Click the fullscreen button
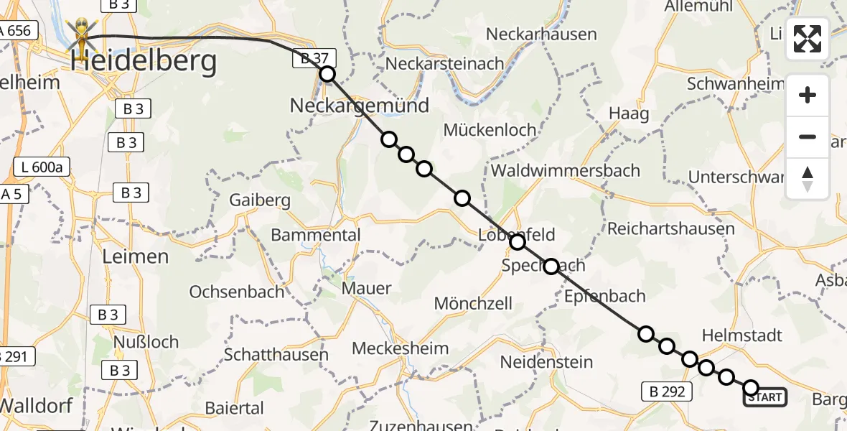(x=808, y=39)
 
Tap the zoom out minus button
(x=808, y=136)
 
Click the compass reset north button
(x=808, y=179)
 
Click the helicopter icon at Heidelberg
(x=83, y=39)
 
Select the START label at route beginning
(x=765, y=397)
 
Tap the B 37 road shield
(x=314, y=60)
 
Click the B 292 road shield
(x=667, y=391)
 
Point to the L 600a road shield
(x=42, y=168)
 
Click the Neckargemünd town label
(x=359, y=106)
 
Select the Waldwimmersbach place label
(x=566, y=170)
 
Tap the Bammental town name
(x=316, y=235)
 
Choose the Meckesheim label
(x=400, y=349)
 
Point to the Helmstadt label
(x=741, y=335)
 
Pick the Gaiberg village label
(x=260, y=200)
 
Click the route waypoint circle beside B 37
(x=327, y=74)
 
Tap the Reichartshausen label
(x=670, y=229)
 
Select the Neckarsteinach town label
(x=445, y=63)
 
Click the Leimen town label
(x=136, y=256)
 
